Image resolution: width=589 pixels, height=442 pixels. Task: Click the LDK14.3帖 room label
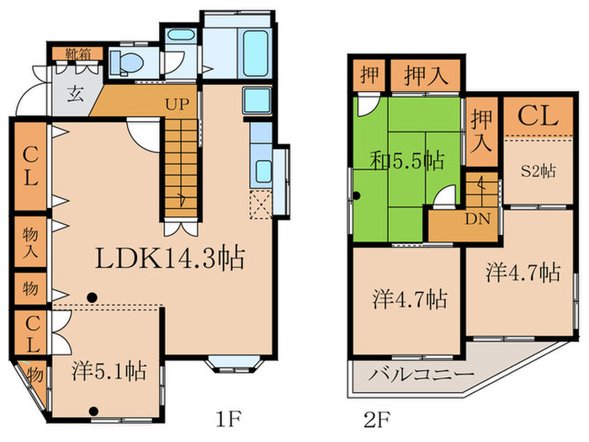170,259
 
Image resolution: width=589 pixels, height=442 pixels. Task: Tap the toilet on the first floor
126,61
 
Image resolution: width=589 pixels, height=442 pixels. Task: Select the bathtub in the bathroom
256,52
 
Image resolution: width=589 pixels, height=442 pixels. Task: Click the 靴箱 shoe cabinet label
78,54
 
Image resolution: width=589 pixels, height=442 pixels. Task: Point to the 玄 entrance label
76,94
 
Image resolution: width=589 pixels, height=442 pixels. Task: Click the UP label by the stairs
178,104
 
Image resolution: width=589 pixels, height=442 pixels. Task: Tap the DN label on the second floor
478,219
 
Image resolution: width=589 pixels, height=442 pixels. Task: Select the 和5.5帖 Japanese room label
407,161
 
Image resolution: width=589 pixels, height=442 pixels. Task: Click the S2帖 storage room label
539,172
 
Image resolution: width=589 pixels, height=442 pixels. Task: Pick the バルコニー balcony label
421,375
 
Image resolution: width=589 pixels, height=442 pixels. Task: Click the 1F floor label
228,419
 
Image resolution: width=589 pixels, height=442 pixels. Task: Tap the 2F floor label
377,419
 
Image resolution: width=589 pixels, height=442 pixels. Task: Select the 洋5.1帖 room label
109,371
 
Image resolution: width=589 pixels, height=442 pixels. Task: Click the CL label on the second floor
538,116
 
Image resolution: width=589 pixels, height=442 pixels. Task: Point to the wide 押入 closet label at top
426,76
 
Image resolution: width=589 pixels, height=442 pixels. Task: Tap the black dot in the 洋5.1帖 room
94,411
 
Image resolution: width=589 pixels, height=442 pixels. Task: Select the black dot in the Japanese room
357,196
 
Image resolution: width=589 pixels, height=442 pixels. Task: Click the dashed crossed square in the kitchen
261,205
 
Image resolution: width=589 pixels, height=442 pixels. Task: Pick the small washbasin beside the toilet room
180,35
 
